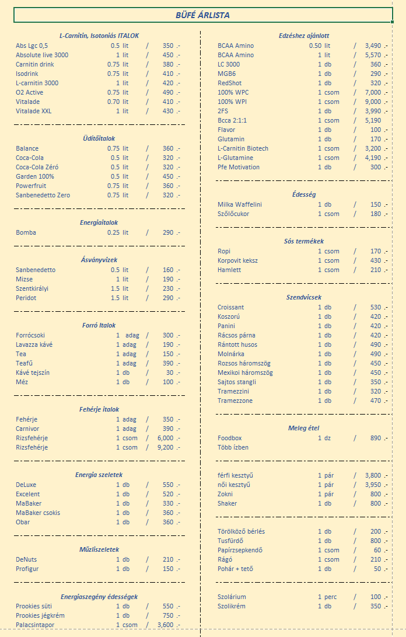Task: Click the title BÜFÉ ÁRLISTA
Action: coord(202,15)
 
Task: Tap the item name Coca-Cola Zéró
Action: coord(37,167)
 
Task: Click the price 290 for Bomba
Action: coord(168,232)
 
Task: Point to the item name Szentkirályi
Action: coord(32,288)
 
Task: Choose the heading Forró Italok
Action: coord(99,325)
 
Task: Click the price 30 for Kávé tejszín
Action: coord(170,373)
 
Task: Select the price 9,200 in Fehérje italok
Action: coord(165,447)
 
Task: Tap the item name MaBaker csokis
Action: coord(38,513)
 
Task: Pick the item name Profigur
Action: coord(27,569)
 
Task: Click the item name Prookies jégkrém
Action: coord(40,615)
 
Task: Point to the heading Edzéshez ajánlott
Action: coord(304,36)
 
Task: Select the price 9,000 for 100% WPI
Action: coord(373,102)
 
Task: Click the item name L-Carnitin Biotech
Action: coord(243,148)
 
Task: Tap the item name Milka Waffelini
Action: coord(240,204)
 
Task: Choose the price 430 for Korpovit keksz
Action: coord(376,260)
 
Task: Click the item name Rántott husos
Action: coord(237,344)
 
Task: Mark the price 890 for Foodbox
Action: coord(376,438)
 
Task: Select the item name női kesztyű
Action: coord(234,485)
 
